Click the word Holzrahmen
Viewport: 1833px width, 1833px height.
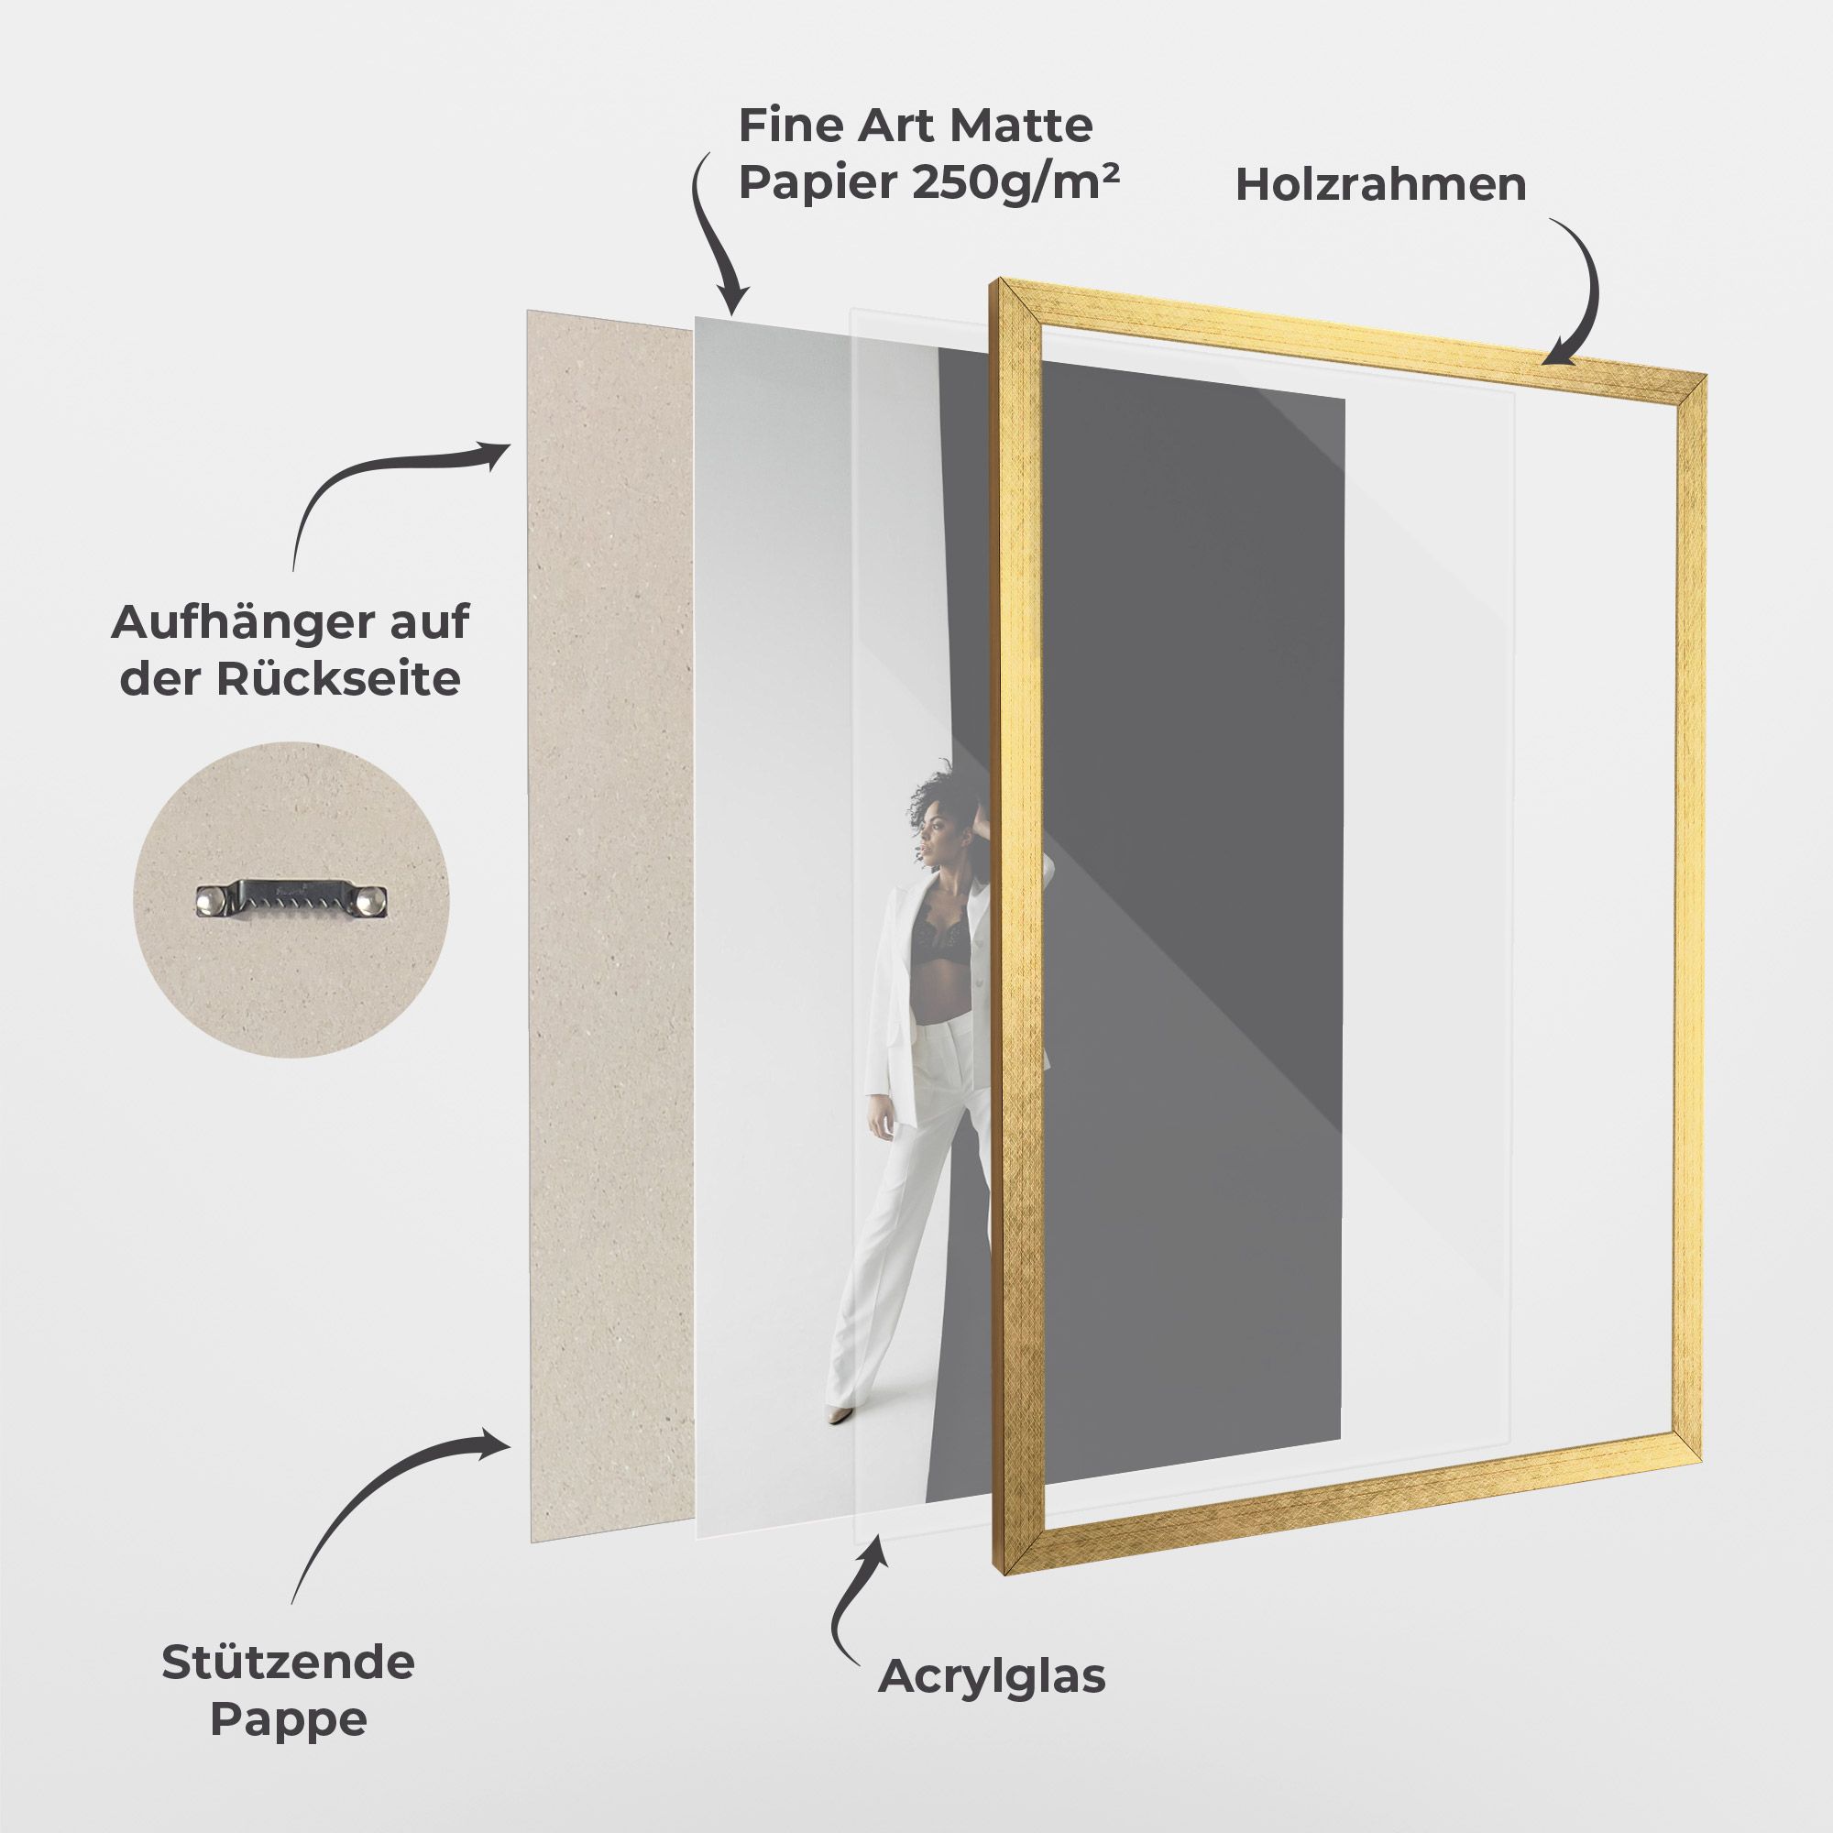point(1380,184)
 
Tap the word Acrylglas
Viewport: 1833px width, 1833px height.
point(992,1676)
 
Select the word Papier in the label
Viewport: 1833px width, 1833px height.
point(818,183)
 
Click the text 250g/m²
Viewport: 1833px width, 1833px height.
point(1015,183)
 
